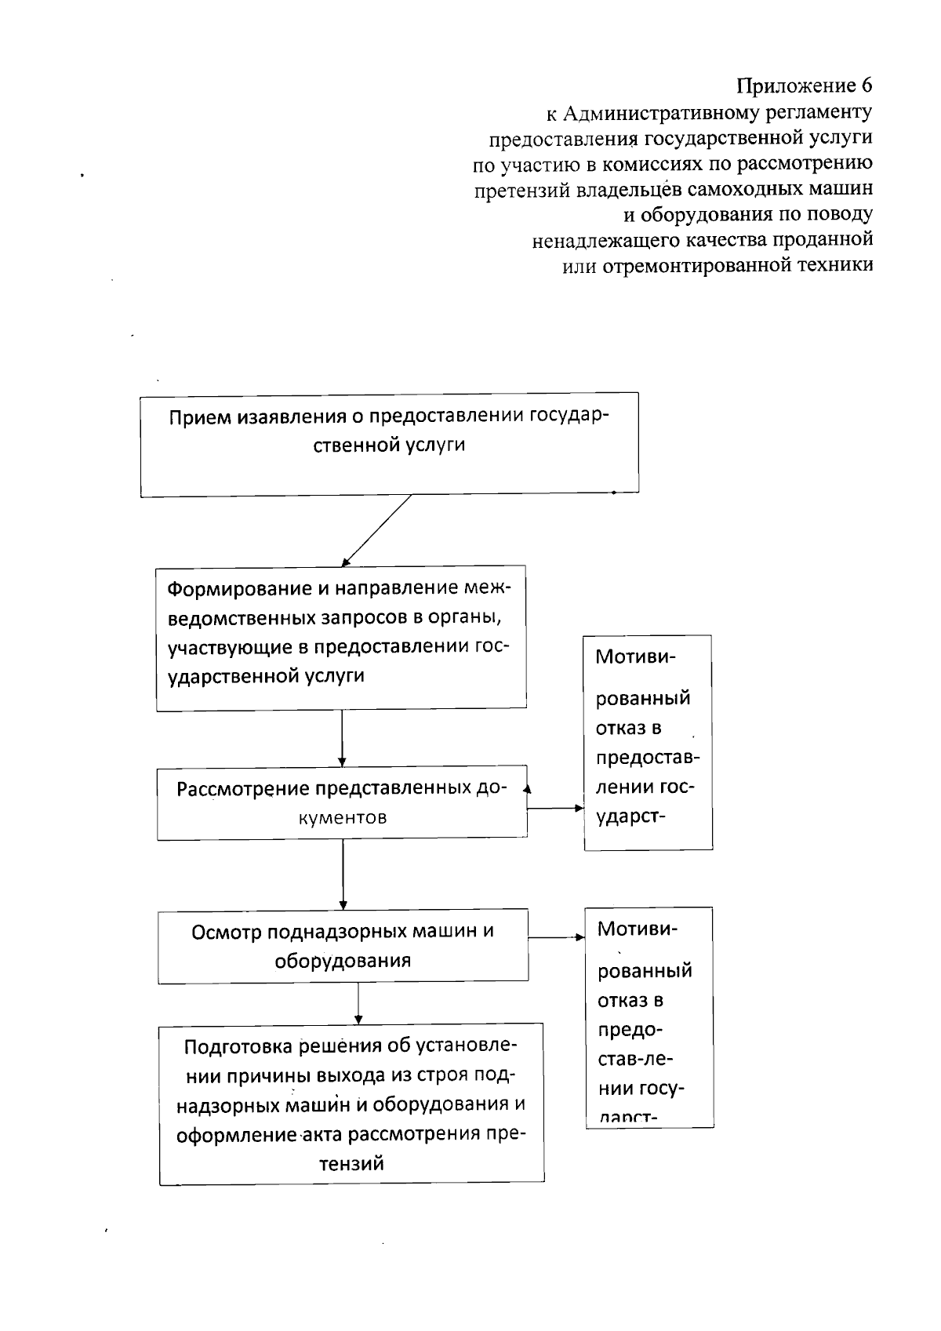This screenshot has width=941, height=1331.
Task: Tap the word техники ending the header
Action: [834, 265]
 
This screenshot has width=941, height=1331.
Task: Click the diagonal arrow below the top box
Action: [376, 530]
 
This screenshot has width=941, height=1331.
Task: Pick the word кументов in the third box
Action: [343, 817]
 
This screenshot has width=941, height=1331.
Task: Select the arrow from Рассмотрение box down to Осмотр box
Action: [343, 874]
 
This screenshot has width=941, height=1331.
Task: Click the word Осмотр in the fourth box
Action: [227, 931]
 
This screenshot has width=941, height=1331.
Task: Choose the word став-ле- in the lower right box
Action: [635, 1060]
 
